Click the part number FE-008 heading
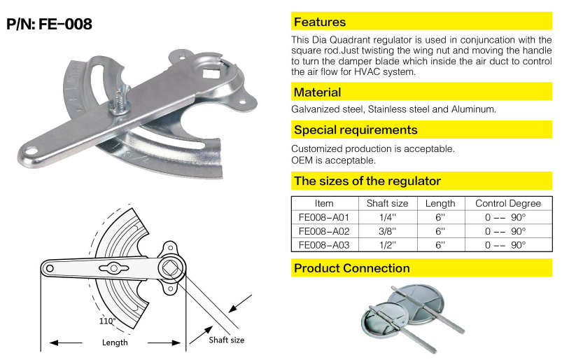pyautogui.click(x=50, y=24)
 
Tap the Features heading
pyautogui.click(x=320, y=22)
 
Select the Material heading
pyautogui.click(x=318, y=92)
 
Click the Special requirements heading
pyautogui.click(x=356, y=130)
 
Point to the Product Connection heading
pyautogui.click(x=352, y=268)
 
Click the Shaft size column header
pyautogui.click(x=387, y=203)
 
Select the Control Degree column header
pyautogui.click(x=508, y=203)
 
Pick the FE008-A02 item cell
pyautogui.click(x=324, y=231)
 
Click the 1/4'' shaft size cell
pyautogui.click(x=387, y=218)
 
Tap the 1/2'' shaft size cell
pyautogui.click(x=387, y=245)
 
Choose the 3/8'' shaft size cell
pyautogui.click(x=387, y=231)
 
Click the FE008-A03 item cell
pyautogui.click(x=324, y=245)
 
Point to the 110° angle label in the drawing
pyautogui.click(x=107, y=321)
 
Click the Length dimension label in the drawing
pyautogui.click(x=115, y=342)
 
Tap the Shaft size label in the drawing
pyautogui.click(x=227, y=340)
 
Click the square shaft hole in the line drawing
pyautogui.click(x=171, y=269)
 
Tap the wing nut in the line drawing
pyautogui.click(x=113, y=268)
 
